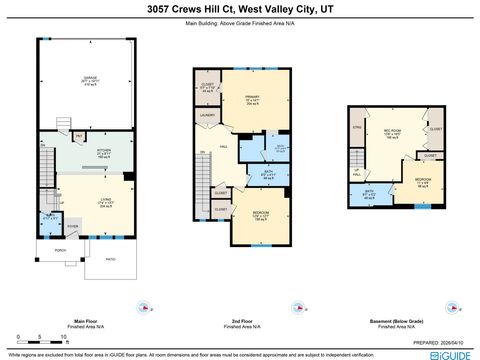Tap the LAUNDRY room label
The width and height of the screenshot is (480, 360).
click(207, 116)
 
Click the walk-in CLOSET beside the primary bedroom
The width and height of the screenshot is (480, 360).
click(207, 86)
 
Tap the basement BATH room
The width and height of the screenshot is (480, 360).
click(369, 194)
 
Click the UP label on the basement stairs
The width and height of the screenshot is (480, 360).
click(358, 172)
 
